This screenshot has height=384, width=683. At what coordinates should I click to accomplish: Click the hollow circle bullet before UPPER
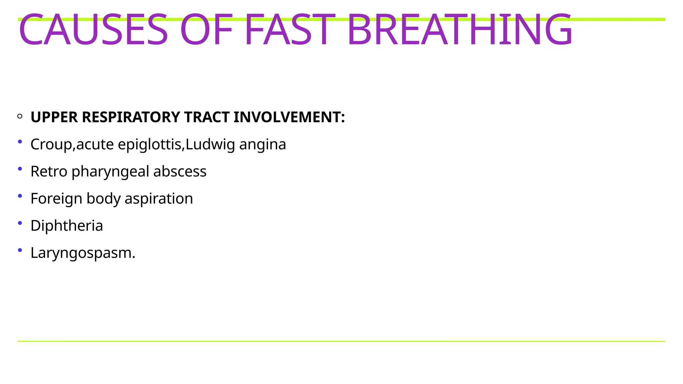coord(20,116)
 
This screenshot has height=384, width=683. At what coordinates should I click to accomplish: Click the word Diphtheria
coord(67,226)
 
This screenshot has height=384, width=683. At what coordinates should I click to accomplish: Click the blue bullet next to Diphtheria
coord(20,223)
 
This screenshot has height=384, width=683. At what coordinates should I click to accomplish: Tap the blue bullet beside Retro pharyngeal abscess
coord(20,169)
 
